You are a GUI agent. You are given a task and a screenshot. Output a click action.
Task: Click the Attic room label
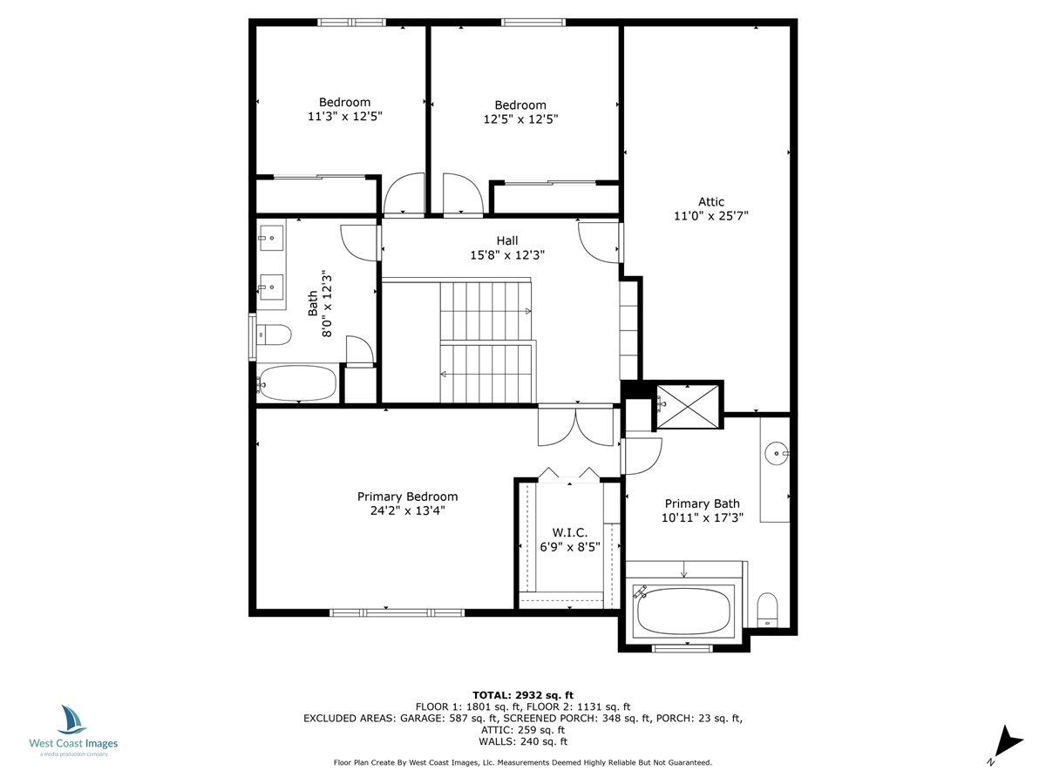710,202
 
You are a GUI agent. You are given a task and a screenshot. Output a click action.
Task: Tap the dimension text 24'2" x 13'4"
407,511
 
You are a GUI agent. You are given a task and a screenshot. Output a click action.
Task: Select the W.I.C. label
569,532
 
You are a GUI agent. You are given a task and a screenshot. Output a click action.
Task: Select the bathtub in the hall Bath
297,383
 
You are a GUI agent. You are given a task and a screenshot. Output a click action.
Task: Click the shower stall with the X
688,405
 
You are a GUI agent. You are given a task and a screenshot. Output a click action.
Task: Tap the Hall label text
506,240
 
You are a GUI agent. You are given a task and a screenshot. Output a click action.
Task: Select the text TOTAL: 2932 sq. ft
522,694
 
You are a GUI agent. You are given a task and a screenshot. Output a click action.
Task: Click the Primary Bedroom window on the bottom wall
396,612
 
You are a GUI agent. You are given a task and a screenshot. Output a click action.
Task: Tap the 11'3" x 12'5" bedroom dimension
343,115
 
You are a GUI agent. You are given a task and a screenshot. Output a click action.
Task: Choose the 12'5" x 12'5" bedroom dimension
520,119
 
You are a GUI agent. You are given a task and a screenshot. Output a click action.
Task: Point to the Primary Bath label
702,504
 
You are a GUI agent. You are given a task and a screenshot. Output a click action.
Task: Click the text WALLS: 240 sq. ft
522,742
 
